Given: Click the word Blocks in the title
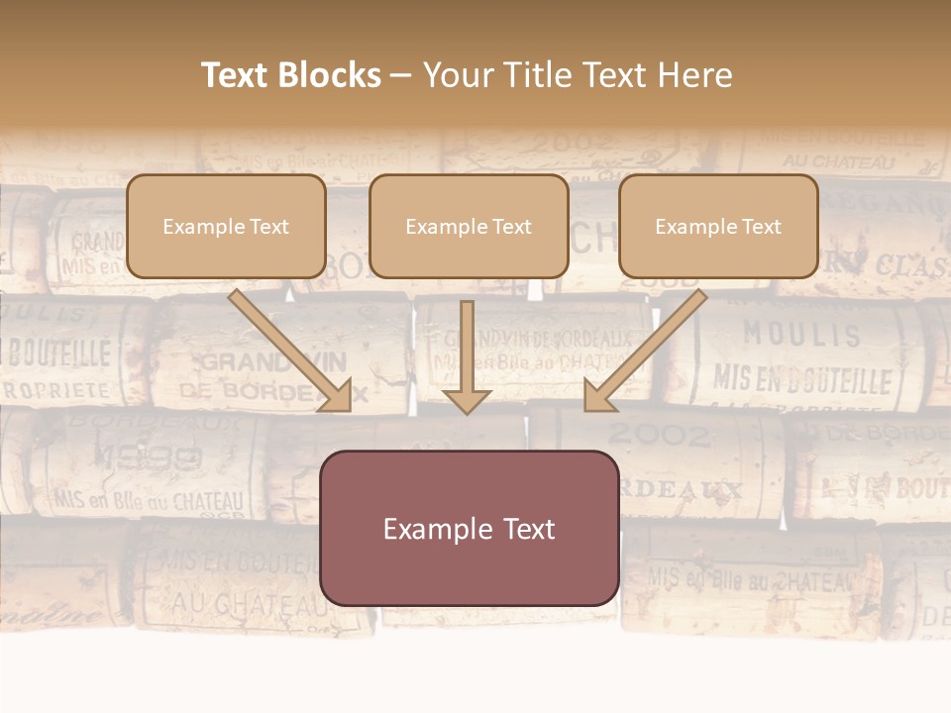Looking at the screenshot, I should tap(332, 75).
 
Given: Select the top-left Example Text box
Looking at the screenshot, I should tap(226, 226).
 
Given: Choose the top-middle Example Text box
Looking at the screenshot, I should tap(469, 226).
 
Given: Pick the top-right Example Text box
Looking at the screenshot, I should tap(718, 226).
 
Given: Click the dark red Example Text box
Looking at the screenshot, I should tap(469, 528).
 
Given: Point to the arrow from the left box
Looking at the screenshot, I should tap(291, 351).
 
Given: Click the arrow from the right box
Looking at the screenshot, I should tap(644, 351).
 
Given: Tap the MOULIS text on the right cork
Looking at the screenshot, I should tap(801, 335).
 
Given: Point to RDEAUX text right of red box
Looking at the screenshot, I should tap(684, 489).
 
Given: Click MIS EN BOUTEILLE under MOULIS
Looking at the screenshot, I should tap(802, 379).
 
